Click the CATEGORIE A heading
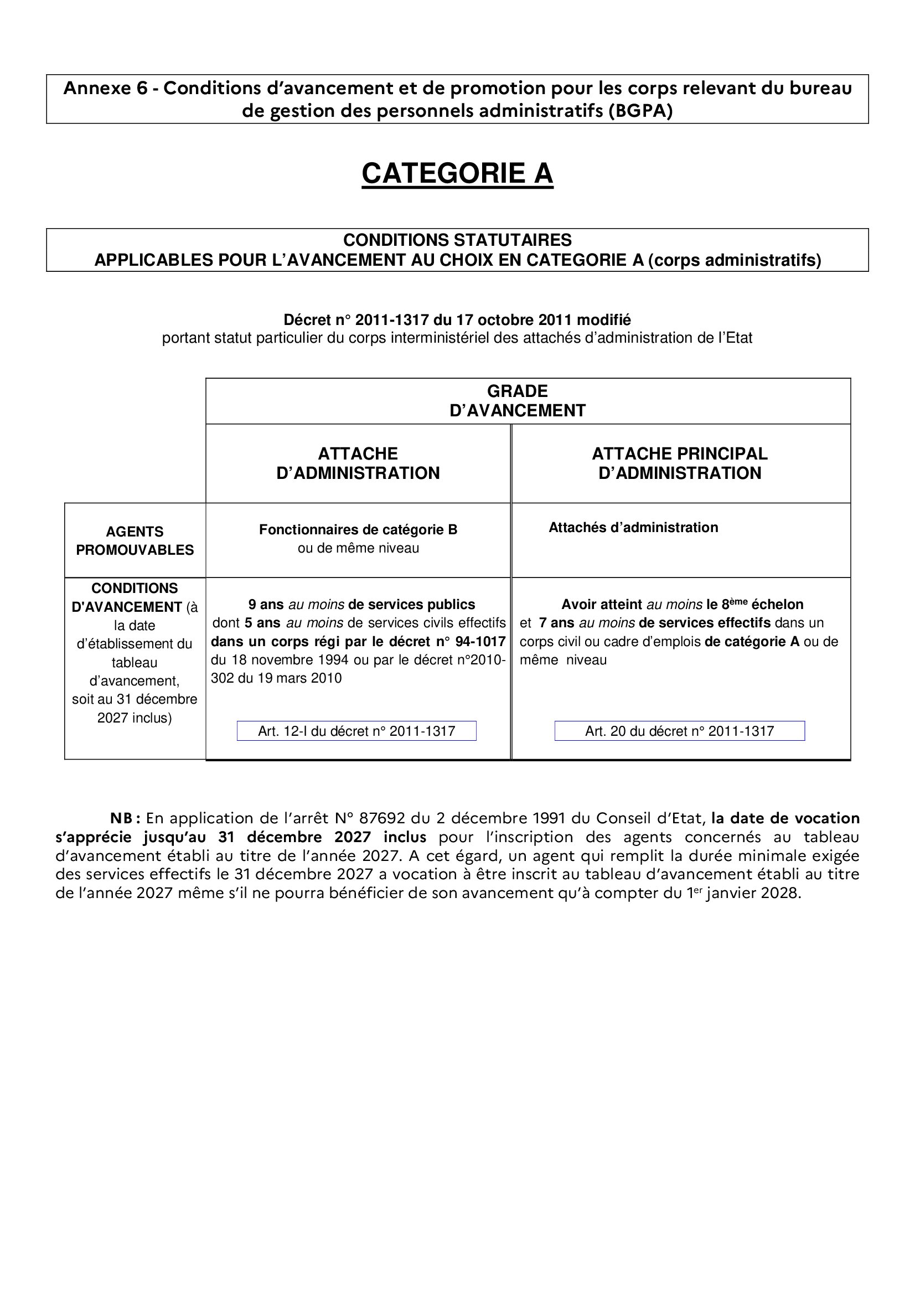coord(457,173)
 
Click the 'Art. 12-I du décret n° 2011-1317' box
coord(356,731)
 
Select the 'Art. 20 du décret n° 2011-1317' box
coord(679,731)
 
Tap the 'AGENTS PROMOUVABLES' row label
coord(135,540)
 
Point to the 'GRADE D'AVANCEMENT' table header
coord(517,400)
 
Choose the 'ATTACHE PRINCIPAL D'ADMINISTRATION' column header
coord(679,463)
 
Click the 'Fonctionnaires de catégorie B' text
coord(358,530)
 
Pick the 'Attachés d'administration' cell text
coord(633,528)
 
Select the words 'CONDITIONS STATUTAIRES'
coord(457,240)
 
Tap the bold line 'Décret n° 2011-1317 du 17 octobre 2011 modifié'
coord(457,320)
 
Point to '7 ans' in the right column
coord(556,623)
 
